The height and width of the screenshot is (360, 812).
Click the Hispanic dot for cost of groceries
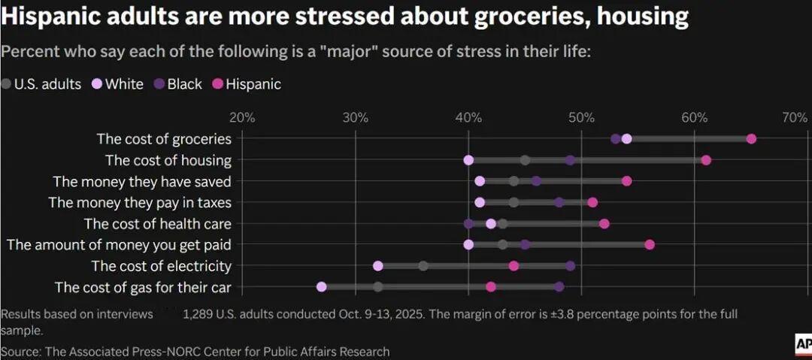(x=751, y=138)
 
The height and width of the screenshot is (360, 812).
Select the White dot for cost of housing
(x=468, y=160)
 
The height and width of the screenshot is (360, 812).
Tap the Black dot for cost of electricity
(x=571, y=265)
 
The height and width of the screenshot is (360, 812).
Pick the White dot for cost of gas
(x=322, y=286)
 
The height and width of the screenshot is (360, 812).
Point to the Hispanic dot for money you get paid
(x=650, y=244)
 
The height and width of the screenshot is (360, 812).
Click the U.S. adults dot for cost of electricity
(x=423, y=265)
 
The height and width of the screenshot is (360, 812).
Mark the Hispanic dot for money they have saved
(x=627, y=181)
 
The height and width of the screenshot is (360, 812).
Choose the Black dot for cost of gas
(x=559, y=286)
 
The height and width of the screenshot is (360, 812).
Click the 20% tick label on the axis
(x=242, y=117)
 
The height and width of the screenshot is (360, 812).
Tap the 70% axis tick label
(x=795, y=117)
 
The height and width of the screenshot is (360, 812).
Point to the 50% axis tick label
(x=581, y=117)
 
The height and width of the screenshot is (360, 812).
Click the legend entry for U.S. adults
(x=41, y=84)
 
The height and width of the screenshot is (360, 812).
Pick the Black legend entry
(x=178, y=84)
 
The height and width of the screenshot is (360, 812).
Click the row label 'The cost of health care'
(x=158, y=223)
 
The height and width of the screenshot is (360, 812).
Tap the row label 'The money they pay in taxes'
(x=140, y=202)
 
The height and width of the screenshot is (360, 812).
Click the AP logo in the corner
(x=801, y=343)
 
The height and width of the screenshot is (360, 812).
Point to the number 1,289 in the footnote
(x=199, y=314)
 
